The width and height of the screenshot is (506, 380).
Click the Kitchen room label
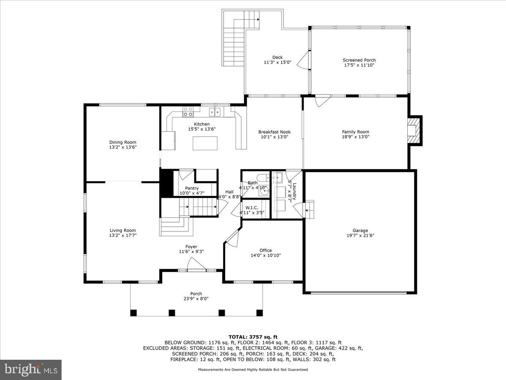pyautogui.click(x=202, y=124)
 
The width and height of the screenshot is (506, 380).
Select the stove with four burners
pyautogui.click(x=188, y=111)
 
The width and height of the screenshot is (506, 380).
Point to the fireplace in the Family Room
pyautogui.click(x=415, y=130)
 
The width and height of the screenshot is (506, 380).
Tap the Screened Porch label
pyautogui.click(x=359, y=60)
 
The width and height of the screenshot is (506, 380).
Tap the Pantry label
pyautogui.click(x=192, y=188)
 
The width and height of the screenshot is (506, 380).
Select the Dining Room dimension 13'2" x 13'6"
pyautogui.click(x=123, y=147)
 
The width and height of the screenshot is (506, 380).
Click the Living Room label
pyautogui.click(x=123, y=231)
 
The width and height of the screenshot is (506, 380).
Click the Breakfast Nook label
pyautogui.click(x=274, y=132)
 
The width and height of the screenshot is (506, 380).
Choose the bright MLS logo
pyautogui.click(x=31, y=370)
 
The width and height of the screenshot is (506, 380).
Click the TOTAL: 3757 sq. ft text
pyautogui.click(x=253, y=337)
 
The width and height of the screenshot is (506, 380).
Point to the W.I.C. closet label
pyautogui.click(x=251, y=207)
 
